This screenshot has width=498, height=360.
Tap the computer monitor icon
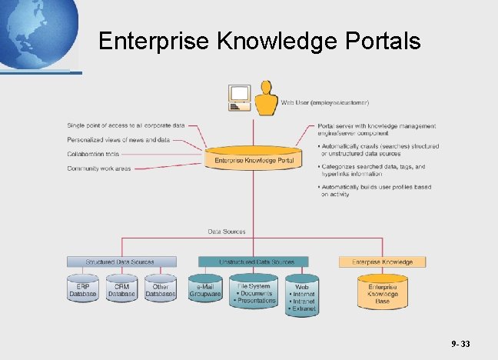coord(240,96)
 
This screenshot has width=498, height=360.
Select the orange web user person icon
coord(266,98)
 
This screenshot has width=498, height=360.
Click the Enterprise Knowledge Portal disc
coord(253,159)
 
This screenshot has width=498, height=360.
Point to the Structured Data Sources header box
coord(121,262)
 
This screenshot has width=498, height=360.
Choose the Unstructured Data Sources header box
coord(254,262)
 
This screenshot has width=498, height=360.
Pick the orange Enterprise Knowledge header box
coord(382,262)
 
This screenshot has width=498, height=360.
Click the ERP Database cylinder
coord(82,288)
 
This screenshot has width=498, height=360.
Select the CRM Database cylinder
coord(121,288)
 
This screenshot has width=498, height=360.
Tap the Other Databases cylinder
coord(161,288)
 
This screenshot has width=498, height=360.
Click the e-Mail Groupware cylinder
coord(204,288)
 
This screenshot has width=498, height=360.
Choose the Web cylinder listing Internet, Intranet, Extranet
coord(301,295)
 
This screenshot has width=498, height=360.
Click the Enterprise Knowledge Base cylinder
coord(382,292)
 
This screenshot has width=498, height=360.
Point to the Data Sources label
coord(227,231)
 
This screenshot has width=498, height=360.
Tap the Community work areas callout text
coord(98,168)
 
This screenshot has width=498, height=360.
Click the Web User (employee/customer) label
coord(325,102)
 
